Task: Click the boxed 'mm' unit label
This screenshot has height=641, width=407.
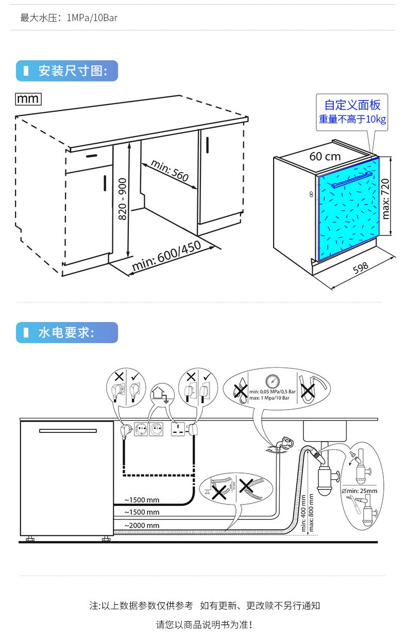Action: (28, 98)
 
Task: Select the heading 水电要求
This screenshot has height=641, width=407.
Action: (66, 333)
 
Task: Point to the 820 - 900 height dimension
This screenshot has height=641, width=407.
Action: (123, 199)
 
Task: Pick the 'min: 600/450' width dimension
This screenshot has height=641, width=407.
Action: (166, 256)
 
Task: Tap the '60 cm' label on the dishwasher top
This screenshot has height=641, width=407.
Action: (325, 156)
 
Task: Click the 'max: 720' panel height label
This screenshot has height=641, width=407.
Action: (385, 198)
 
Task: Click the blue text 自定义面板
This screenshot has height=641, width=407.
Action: (352, 105)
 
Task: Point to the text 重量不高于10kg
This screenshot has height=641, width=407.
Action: (352, 120)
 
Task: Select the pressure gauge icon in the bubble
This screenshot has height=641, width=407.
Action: (272, 381)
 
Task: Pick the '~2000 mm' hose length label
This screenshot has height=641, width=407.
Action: (142, 526)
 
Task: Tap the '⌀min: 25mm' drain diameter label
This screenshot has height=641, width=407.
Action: (360, 491)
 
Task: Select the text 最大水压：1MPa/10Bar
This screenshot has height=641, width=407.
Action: (69, 18)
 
